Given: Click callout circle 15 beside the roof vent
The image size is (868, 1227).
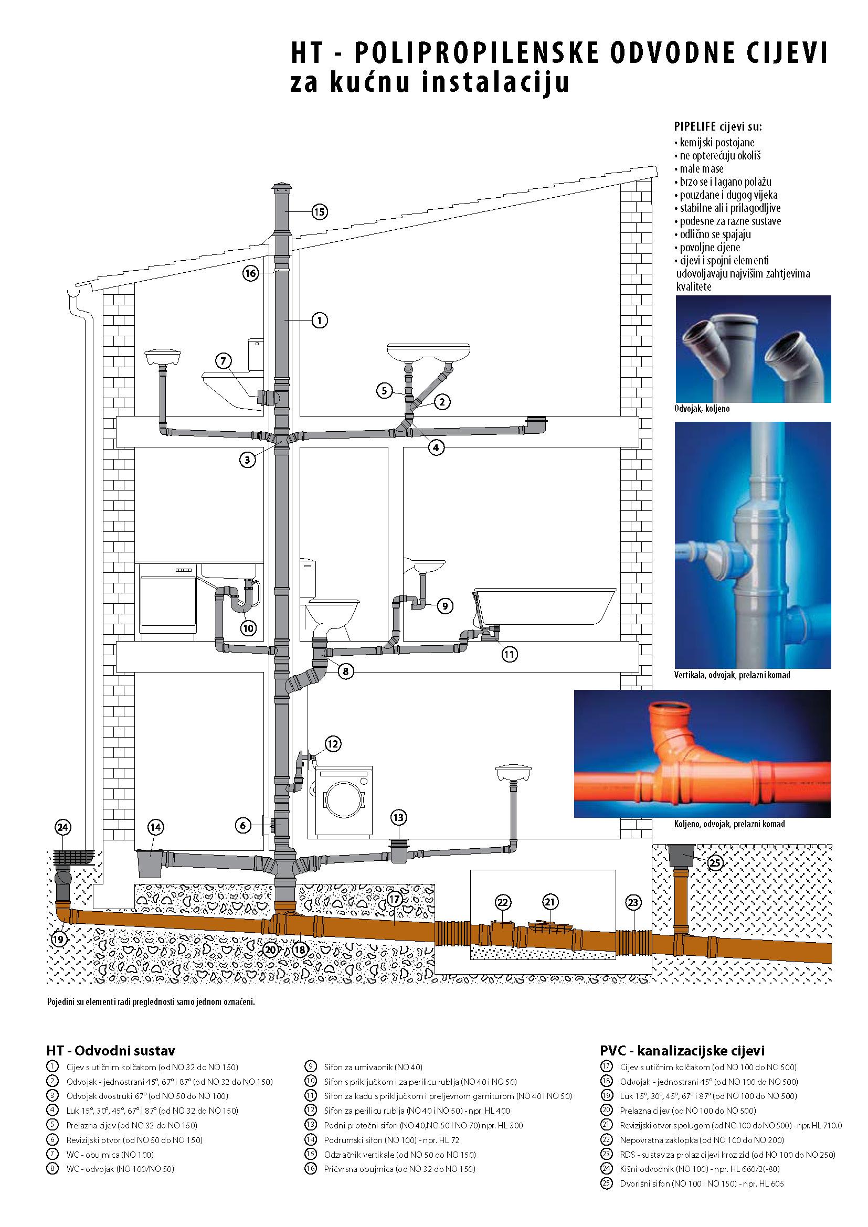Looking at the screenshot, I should coord(319,212).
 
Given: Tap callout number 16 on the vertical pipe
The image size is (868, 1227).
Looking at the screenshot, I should coord(251,274).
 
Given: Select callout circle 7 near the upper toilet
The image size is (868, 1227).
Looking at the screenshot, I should coord(224,361).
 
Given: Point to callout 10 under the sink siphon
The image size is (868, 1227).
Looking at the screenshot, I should coord(248,628).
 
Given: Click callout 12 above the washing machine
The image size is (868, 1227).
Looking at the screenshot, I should coord(332,744).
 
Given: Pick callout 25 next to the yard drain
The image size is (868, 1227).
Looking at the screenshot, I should coord(715,862).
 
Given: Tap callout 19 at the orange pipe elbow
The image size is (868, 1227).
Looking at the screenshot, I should coord(60,939).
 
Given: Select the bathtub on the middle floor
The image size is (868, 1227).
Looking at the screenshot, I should coord(545,606).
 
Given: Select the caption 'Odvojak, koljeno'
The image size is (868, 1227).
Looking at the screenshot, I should coord(701,408).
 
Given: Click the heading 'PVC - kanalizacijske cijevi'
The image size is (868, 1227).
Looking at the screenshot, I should coord(682,1050).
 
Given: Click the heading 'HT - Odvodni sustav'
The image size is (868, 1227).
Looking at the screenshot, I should coord(111,1050).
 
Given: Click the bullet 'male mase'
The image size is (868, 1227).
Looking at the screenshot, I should coord(701,169).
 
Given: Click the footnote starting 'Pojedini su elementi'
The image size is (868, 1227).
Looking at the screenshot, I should coord(151,1001).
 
